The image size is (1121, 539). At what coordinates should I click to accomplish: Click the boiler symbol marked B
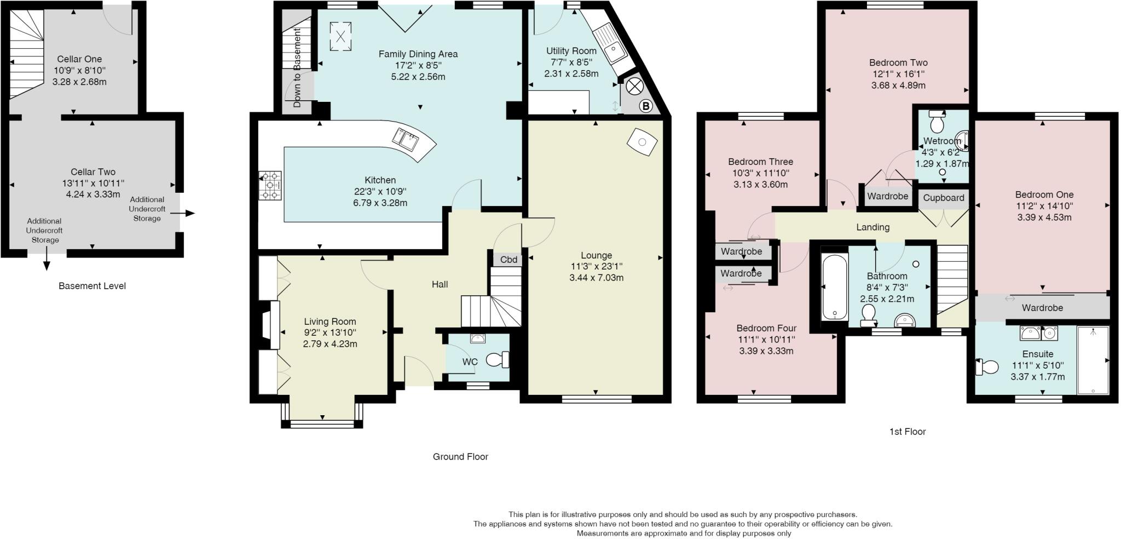pyautogui.click(x=646, y=106)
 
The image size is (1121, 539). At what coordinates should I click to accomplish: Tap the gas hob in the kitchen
pyautogui.click(x=271, y=186)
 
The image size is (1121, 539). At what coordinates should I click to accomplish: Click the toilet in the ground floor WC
pyautogui.click(x=497, y=360)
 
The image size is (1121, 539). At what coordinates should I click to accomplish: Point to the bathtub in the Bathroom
pyautogui.click(x=835, y=288)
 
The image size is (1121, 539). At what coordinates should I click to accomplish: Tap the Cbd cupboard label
pyautogui.click(x=509, y=260)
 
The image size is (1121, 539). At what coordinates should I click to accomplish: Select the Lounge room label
pyautogui.click(x=596, y=255)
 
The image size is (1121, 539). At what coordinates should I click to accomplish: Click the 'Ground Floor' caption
pyautogui.click(x=460, y=457)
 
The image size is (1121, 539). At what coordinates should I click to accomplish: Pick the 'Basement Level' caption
pyautogui.click(x=92, y=286)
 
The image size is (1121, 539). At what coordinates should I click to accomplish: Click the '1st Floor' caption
pyautogui.click(x=907, y=432)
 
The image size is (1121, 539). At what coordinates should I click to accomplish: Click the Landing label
pyautogui.click(x=872, y=227)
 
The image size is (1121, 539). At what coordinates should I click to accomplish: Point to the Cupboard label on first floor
pyautogui.click(x=944, y=198)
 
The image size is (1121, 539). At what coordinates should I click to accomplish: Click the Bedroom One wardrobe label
pyautogui.click(x=1042, y=308)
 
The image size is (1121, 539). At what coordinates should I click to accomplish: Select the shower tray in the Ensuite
pyautogui.click(x=1093, y=360)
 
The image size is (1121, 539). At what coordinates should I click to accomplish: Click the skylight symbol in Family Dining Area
pyautogui.click(x=340, y=37)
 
